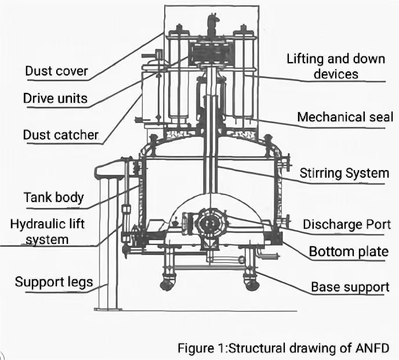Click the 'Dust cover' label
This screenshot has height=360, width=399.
click(x=56, y=71)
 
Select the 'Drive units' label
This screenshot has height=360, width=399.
click(x=55, y=98)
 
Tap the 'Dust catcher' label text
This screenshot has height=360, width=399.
click(x=61, y=135)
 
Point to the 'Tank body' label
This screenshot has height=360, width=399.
click(x=53, y=197)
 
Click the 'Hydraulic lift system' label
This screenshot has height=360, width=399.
click(x=48, y=231)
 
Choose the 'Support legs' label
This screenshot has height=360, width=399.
click(x=53, y=283)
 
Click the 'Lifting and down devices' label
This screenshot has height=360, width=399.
click(x=336, y=66)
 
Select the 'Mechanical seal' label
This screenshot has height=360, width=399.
click(x=345, y=117)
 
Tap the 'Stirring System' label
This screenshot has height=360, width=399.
click(x=344, y=173)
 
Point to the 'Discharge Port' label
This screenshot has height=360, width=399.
click(x=346, y=224)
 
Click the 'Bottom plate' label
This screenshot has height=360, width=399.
click(x=349, y=251)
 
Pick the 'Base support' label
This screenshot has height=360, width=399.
click(x=350, y=287)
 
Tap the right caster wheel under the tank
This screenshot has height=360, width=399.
click(x=251, y=284)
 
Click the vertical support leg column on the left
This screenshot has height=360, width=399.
click(x=108, y=244)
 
